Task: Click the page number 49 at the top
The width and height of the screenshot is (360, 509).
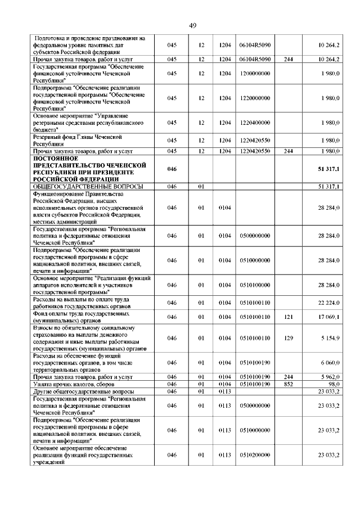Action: [192, 25]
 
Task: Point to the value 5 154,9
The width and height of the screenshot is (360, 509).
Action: [328, 338]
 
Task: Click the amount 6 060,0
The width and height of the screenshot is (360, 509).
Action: [328, 363]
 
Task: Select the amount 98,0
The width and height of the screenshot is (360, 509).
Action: [332, 384]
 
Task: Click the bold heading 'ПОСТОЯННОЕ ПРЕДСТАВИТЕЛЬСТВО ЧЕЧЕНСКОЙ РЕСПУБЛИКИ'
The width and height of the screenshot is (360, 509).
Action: [90, 169]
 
